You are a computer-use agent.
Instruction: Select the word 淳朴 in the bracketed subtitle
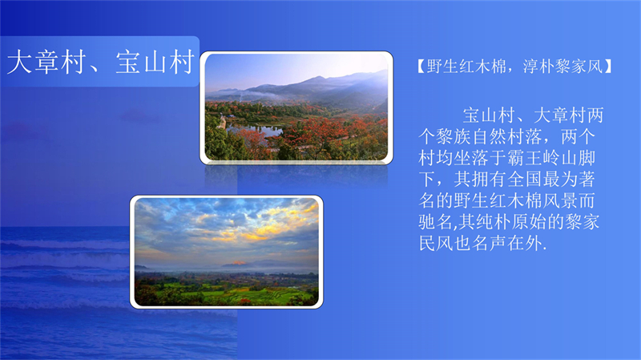tap(534, 66)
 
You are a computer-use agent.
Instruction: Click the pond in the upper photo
tap(255, 130)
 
